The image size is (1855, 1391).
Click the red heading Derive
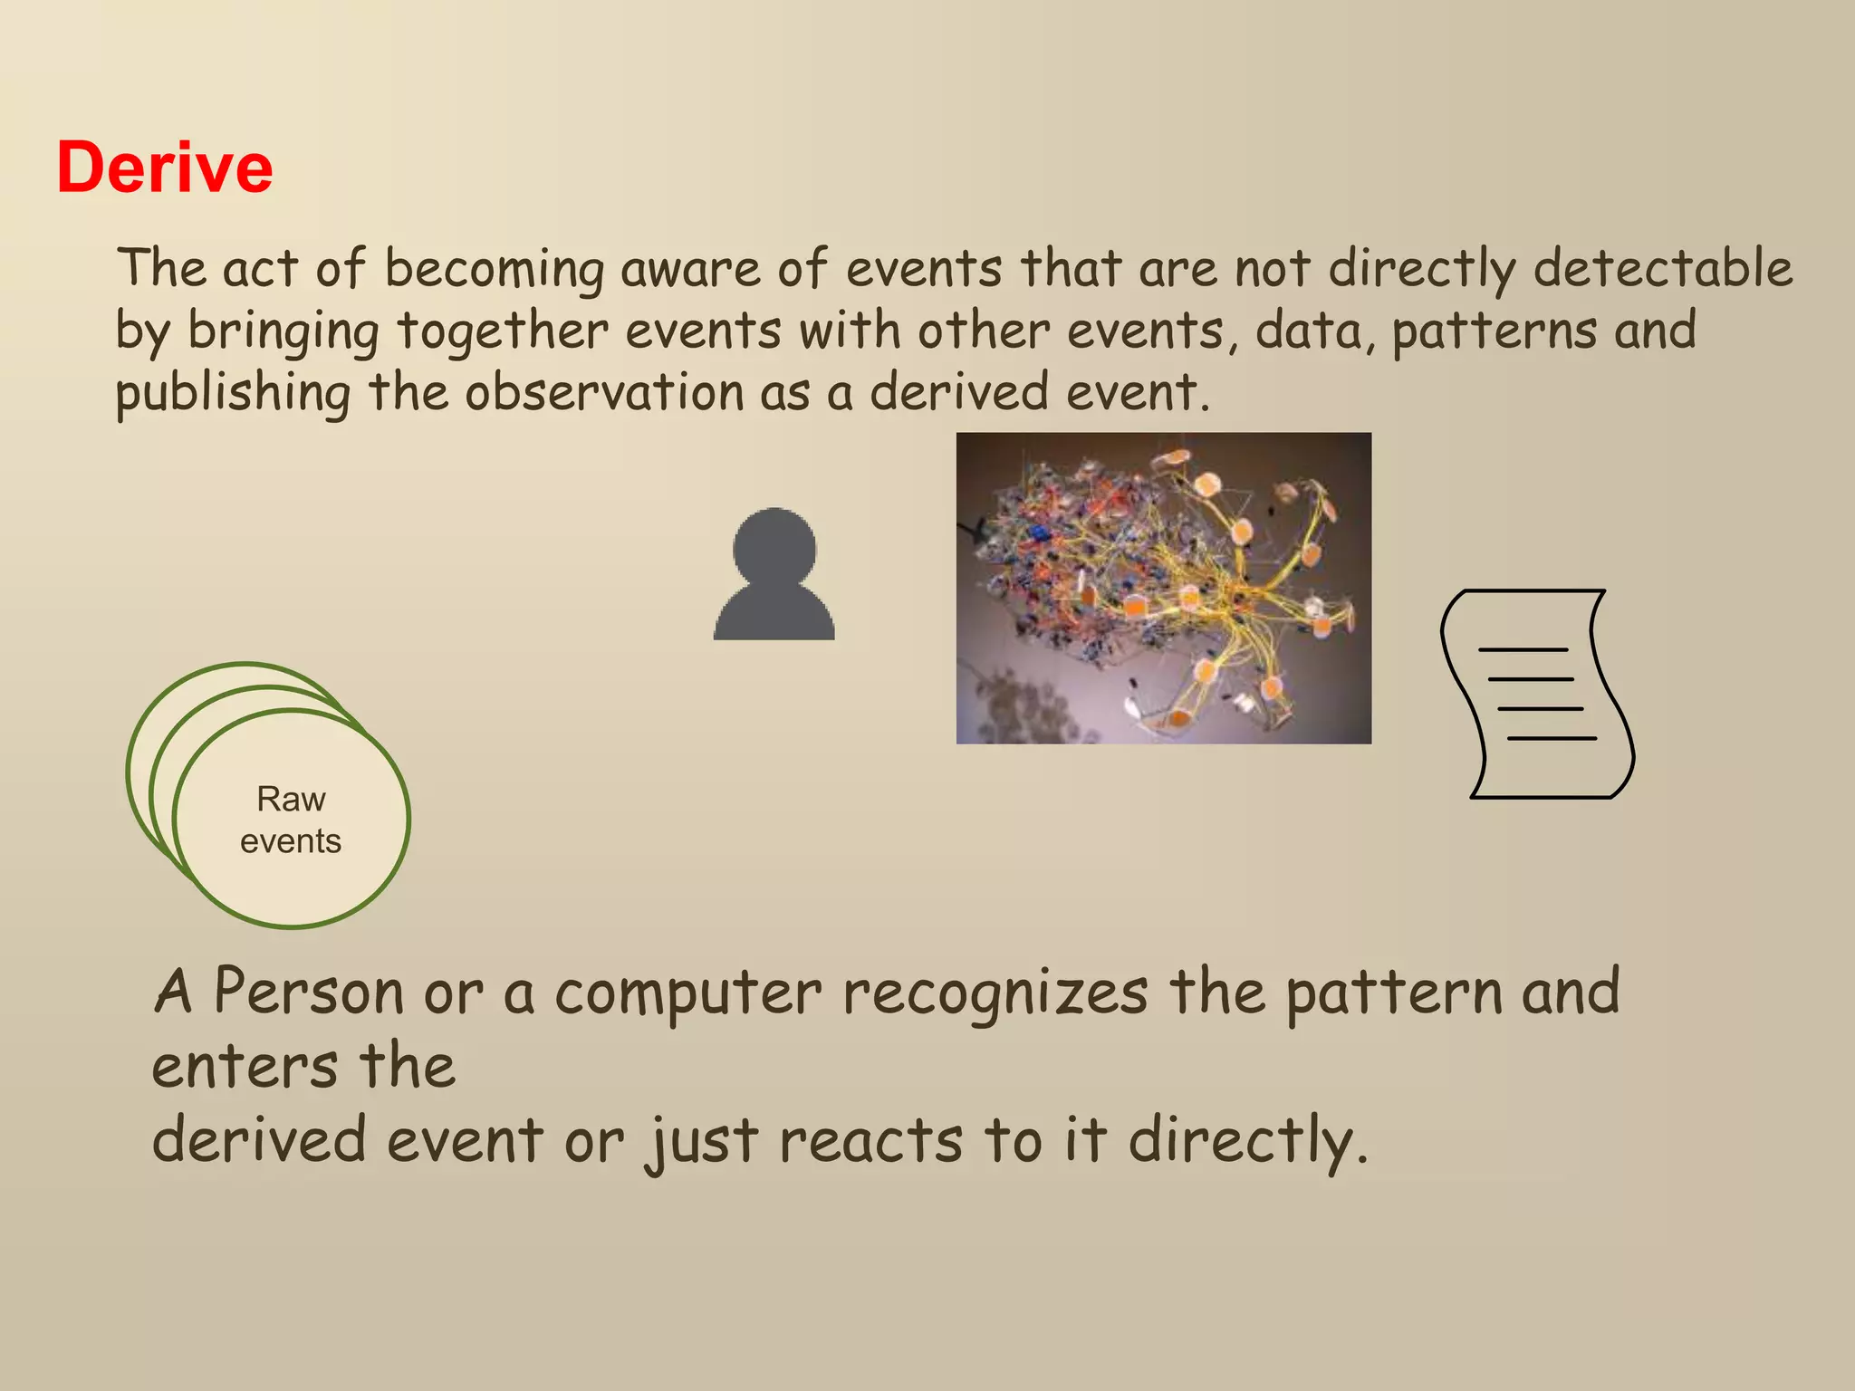pyautogui.click(x=164, y=168)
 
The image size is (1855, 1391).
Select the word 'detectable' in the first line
pyautogui.click(x=1663, y=268)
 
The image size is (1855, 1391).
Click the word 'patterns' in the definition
pyautogui.click(x=1495, y=331)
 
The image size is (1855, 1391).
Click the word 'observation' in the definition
pyautogui.click(x=604, y=392)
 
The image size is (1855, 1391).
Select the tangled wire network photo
pyautogui.click(x=1163, y=588)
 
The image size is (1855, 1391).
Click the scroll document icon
pyautogui.click(x=1537, y=694)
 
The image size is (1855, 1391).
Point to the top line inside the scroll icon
pyautogui.click(x=1522, y=650)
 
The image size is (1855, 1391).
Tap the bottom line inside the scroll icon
pyautogui.click(x=1551, y=739)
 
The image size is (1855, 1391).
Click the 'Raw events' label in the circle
pyautogui.click(x=291, y=820)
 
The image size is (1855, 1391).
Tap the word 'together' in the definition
pyautogui.click(x=502, y=331)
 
